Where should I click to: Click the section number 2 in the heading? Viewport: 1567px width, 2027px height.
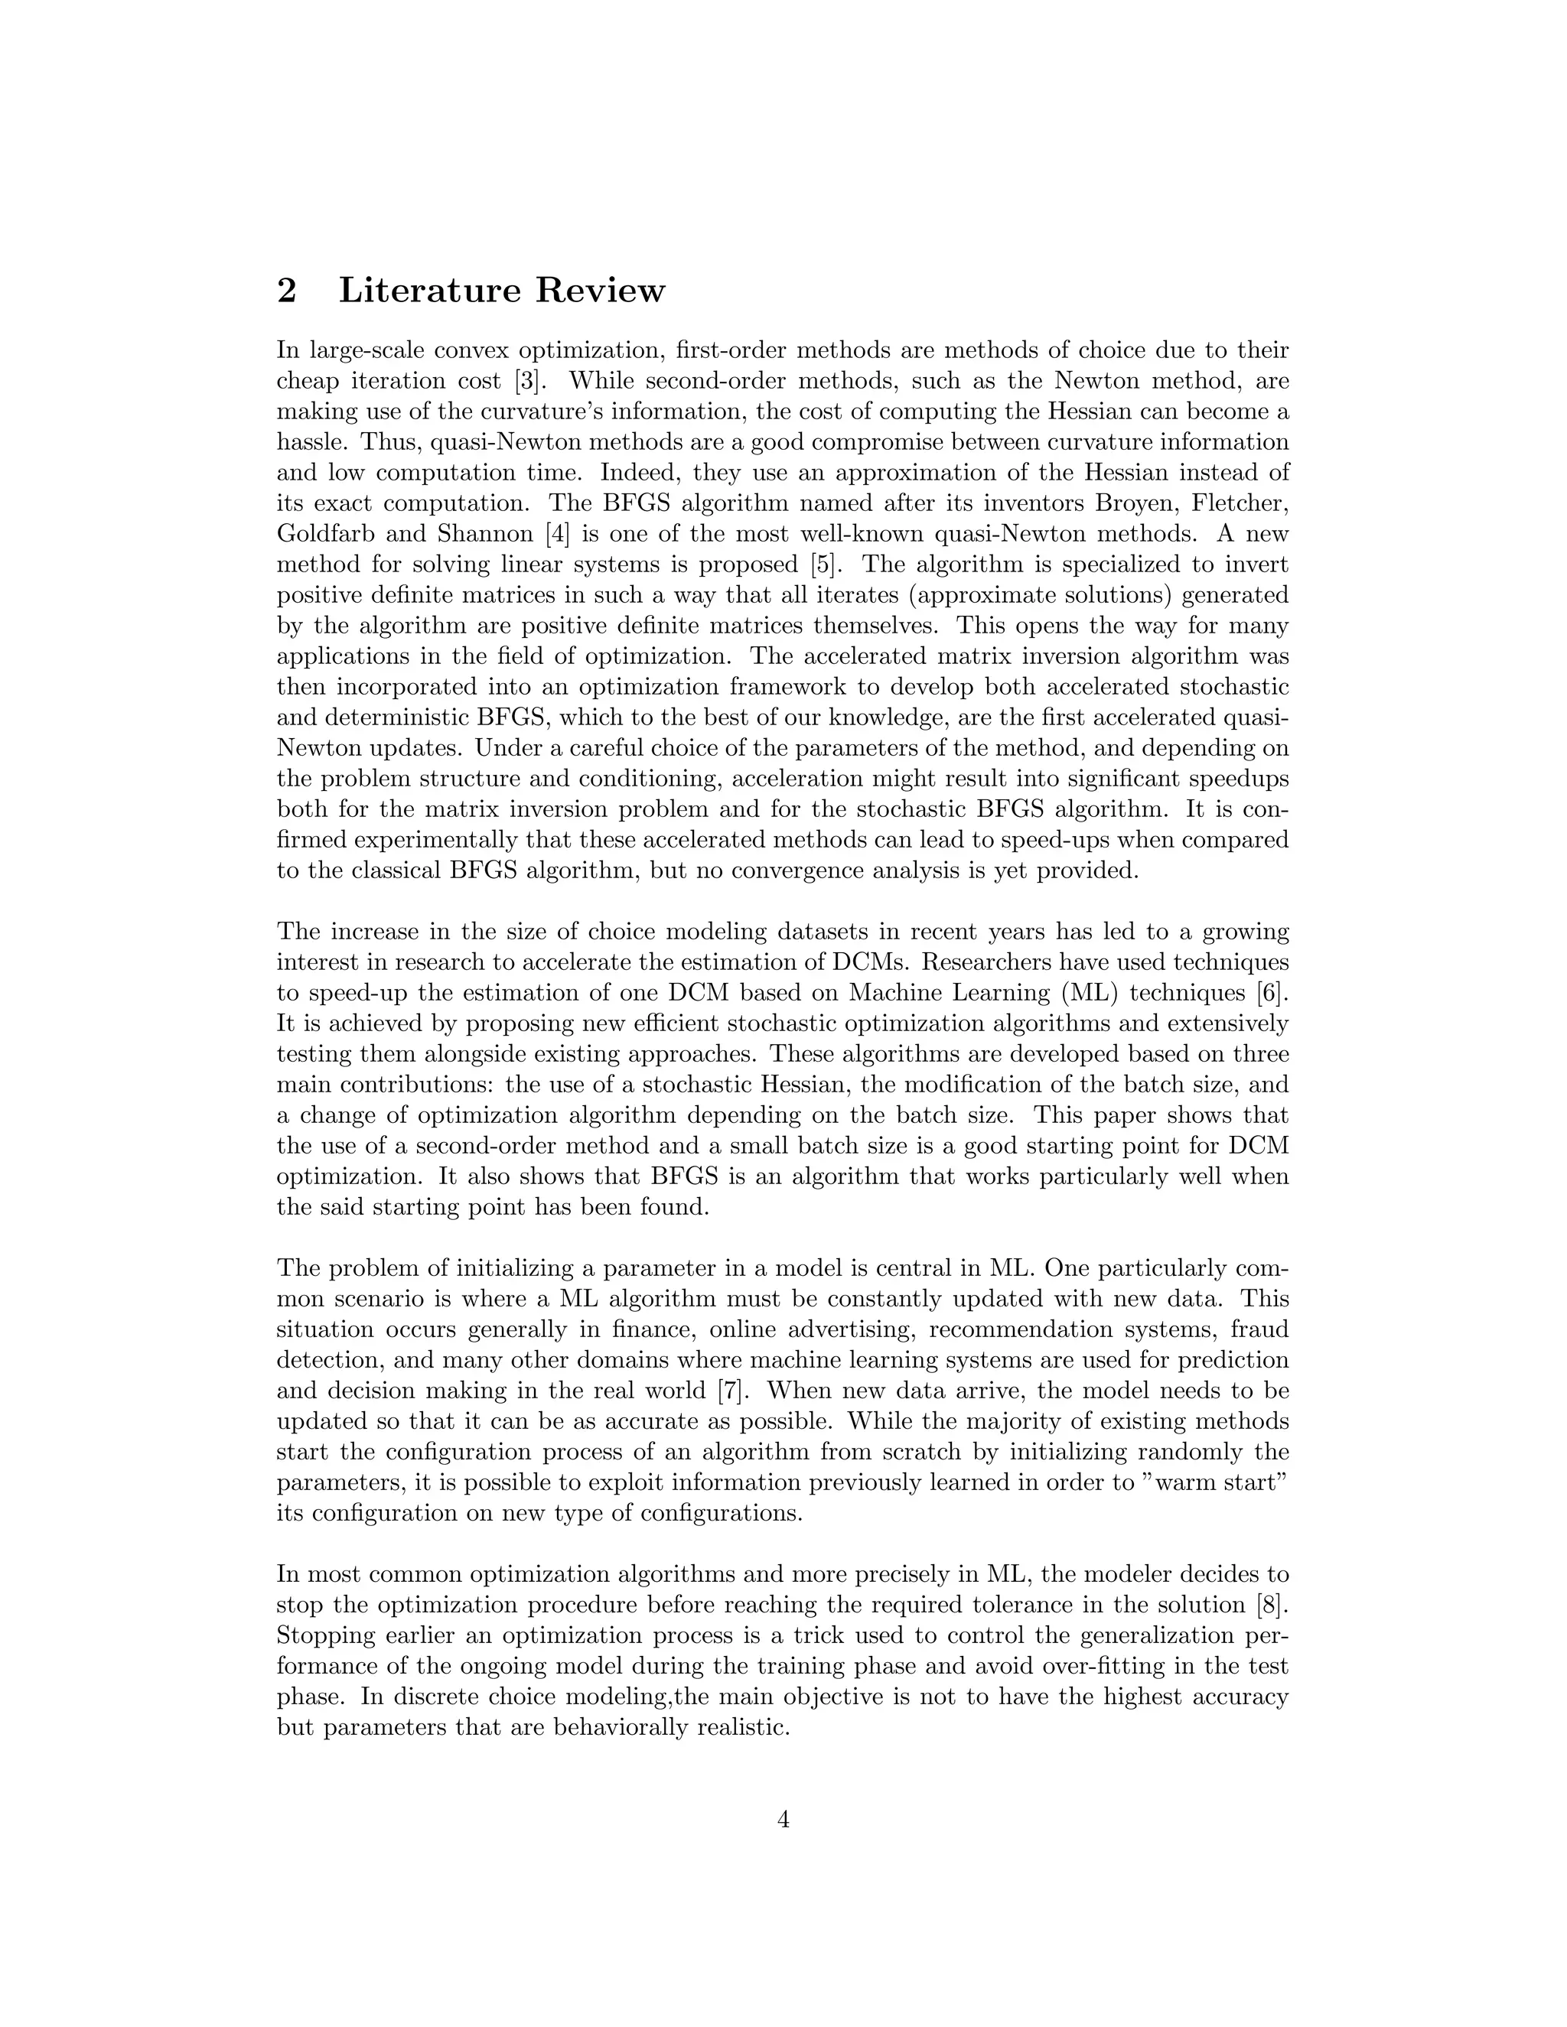pyautogui.click(x=287, y=291)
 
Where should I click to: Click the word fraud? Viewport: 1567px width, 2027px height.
pyautogui.click(x=1261, y=1330)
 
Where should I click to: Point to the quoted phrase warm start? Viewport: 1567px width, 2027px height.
pyautogui.click(x=1210, y=1483)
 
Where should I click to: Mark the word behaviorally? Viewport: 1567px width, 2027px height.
pyautogui.click(x=588, y=1727)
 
